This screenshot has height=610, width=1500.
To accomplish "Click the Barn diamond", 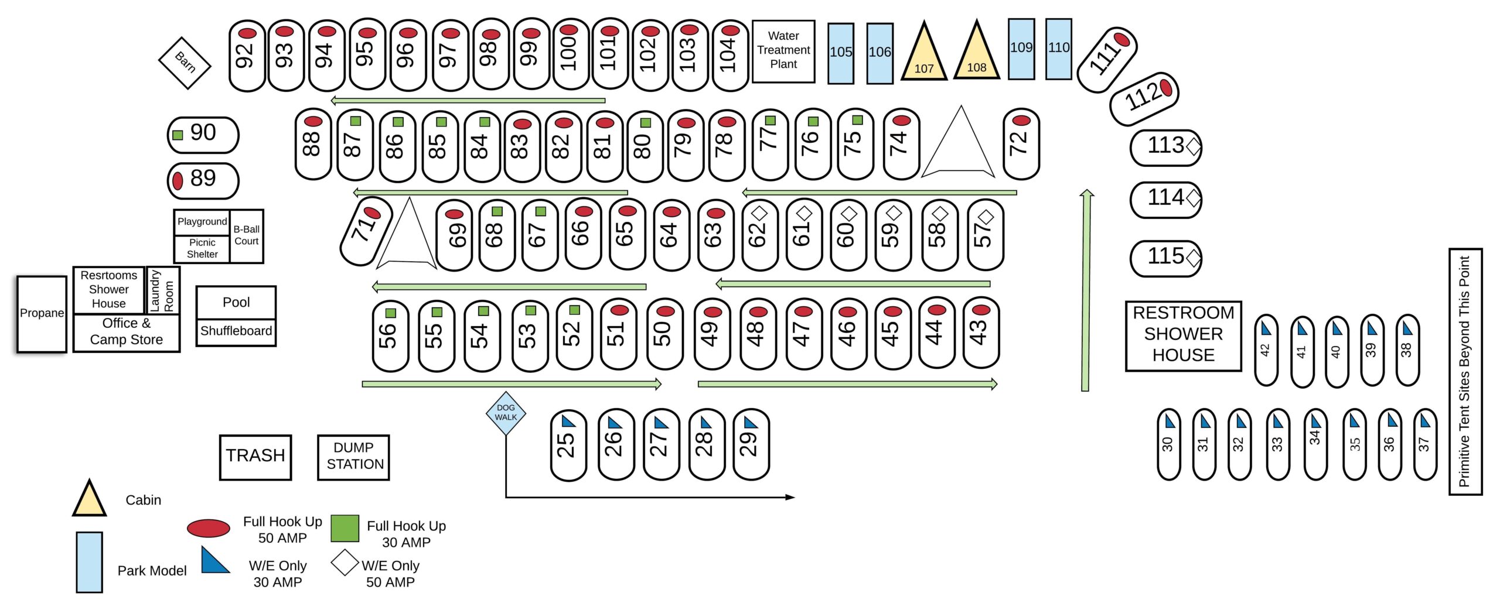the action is point(185,63).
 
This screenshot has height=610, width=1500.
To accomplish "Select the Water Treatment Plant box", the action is point(783,52).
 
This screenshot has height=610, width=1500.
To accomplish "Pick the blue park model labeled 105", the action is point(841,53).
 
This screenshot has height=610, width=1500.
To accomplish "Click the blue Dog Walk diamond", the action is point(506,413).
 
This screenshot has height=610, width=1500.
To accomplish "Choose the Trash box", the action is point(255,457).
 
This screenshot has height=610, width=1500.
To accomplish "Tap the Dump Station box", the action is point(353,457).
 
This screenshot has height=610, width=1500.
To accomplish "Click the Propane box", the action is point(42,314).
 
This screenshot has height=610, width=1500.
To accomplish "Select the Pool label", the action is point(236,302).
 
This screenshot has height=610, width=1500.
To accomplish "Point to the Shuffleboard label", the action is point(236,331).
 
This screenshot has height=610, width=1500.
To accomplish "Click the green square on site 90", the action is point(178,135).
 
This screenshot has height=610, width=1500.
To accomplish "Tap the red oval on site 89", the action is point(178,180).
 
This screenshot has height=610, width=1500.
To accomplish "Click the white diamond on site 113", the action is point(1194,146).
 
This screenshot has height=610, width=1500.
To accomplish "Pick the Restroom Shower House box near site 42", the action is point(1184,336).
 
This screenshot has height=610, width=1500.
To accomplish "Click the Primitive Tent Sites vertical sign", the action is point(1465,372).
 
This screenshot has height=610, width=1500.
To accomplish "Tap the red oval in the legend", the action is point(209,528).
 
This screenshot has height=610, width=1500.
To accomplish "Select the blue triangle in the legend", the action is point(214,560).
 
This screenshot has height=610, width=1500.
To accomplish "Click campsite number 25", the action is point(568,445).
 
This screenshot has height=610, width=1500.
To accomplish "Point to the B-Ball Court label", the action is point(247,235).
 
